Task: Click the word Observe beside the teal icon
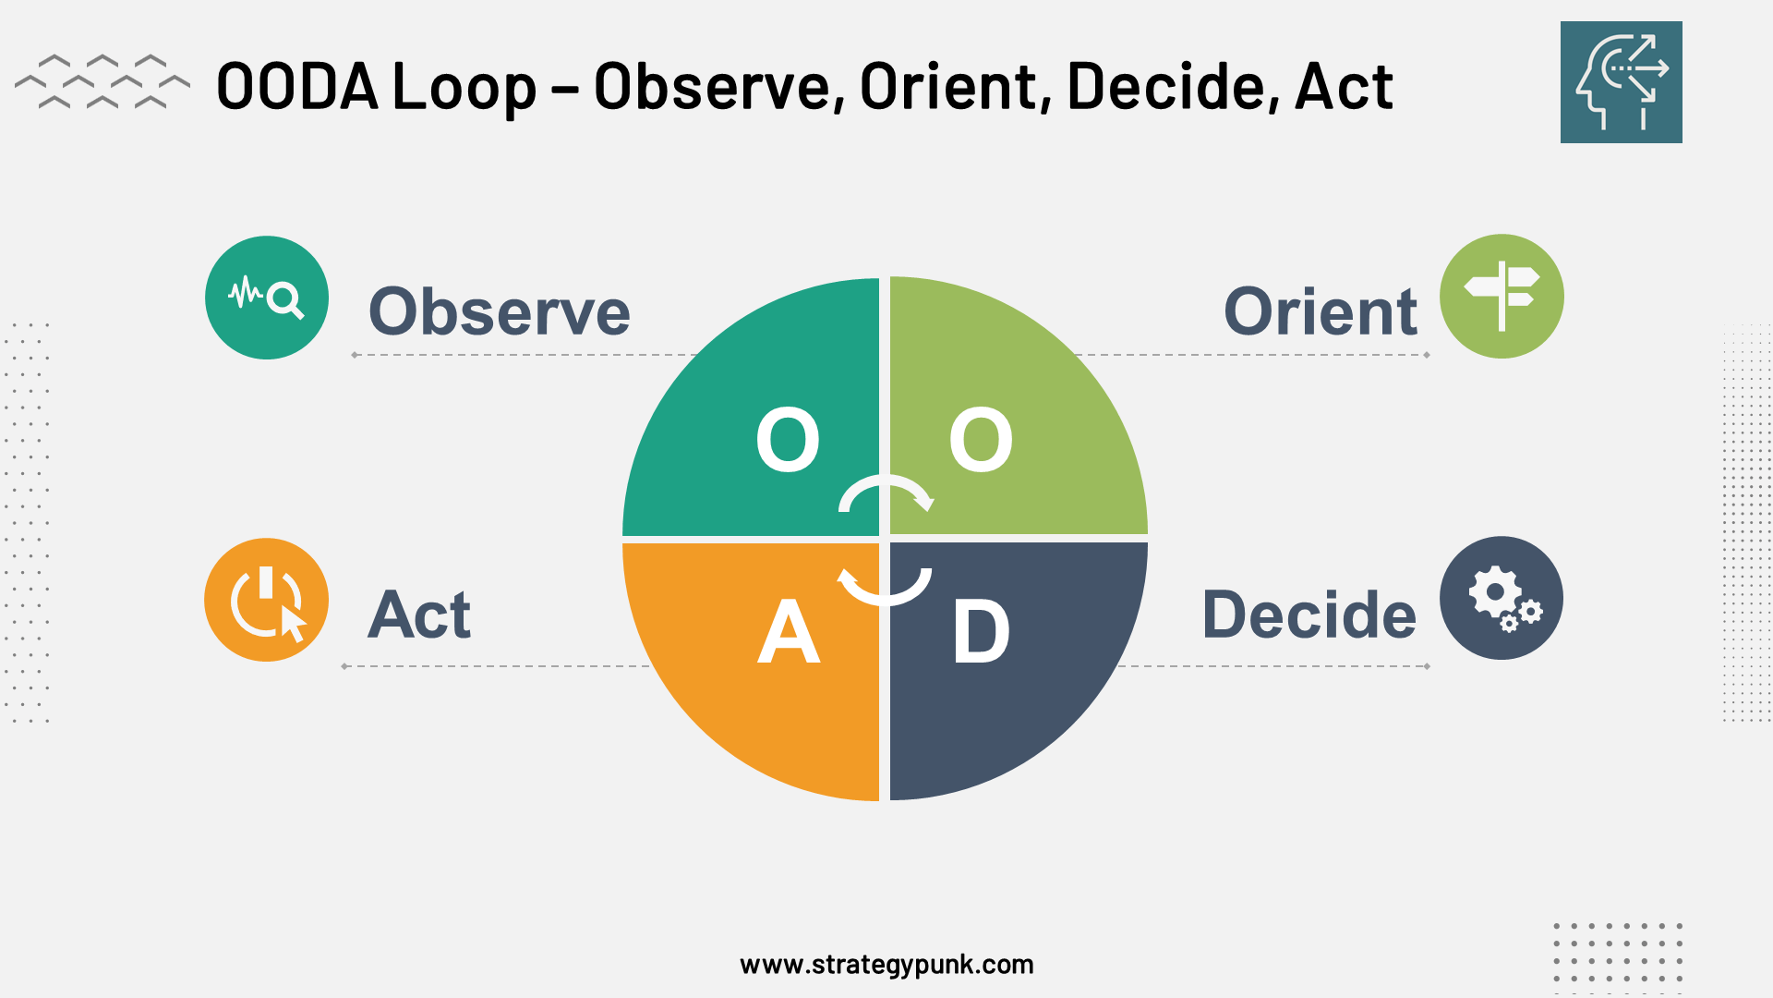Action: pos(500,312)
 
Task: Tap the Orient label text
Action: pos(1320,312)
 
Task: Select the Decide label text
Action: pos(1309,615)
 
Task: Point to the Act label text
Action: pos(419,615)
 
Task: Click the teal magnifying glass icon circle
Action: pos(267,298)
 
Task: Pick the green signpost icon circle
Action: pos(1502,297)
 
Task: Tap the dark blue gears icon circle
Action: pos(1502,598)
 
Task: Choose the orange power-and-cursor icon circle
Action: pos(267,600)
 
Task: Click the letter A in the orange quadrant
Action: pos(788,632)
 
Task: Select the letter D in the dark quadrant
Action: pos(981,632)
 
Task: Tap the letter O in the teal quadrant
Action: pos(788,440)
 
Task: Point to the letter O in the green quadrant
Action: pos(981,440)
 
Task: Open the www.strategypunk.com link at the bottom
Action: pos(886,965)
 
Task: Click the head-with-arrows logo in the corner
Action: pos(1621,82)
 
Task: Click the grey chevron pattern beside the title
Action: pos(102,82)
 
